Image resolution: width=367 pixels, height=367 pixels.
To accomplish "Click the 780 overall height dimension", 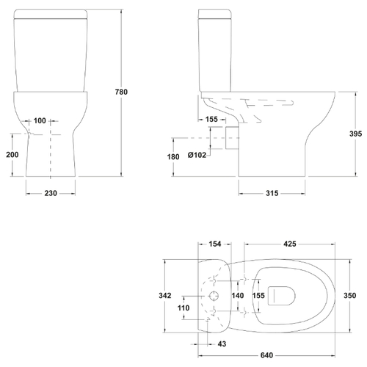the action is (121, 92).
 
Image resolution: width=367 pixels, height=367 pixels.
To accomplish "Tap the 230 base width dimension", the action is (51, 193).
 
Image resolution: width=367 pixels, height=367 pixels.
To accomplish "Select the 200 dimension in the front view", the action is (12, 155).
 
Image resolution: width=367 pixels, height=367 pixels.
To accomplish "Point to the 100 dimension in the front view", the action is (40, 120).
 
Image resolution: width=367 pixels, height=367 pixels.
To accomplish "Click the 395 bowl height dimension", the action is (355, 134).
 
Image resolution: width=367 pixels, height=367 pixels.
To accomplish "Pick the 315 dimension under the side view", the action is (272, 193).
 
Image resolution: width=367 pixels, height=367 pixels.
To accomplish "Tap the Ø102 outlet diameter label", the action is (197, 155).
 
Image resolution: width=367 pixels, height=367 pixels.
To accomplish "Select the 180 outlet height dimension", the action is (173, 156).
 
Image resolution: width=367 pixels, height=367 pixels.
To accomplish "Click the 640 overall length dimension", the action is (266, 355).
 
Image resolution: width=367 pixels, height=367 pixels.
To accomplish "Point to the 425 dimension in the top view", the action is (290, 244).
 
